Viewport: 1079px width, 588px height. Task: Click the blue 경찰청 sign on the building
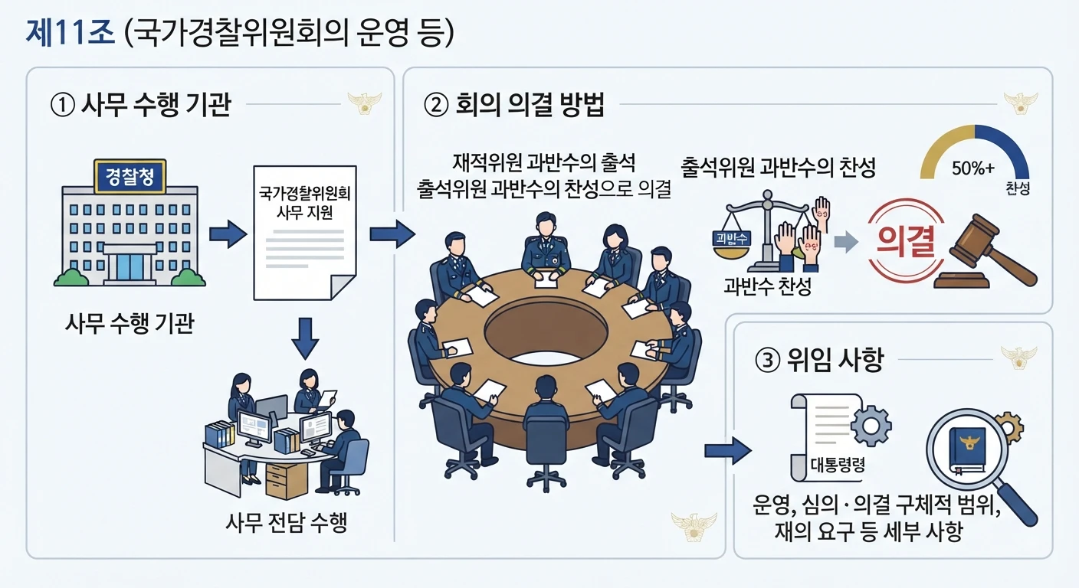pyautogui.click(x=130, y=177)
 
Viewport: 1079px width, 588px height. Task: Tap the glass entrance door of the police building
pyautogui.click(x=130, y=267)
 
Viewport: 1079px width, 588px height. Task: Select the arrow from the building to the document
pyautogui.click(x=228, y=234)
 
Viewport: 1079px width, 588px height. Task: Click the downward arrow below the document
pyautogui.click(x=305, y=338)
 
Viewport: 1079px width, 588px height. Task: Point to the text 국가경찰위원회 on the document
pyautogui.click(x=305, y=193)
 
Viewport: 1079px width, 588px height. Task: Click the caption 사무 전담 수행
pyautogui.click(x=286, y=522)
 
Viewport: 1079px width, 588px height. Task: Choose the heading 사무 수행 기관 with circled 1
pyautogui.click(x=141, y=105)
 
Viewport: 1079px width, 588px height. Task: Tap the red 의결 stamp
pyautogui.click(x=906, y=240)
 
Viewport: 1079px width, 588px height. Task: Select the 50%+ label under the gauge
pyautogui.click(x=973, y=168)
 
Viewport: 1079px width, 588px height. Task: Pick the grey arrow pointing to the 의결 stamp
pyautogui.click(x=846, y=241)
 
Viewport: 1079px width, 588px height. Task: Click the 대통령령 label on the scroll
pyautogui.click(x=838, y=465)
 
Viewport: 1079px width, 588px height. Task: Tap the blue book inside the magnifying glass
pyautogui.click(x=967, y=451)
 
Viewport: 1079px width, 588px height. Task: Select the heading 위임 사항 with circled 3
pyautogui.click(x=819, y=359)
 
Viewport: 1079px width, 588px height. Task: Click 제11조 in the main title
pyautogui.click(x=71, y=33)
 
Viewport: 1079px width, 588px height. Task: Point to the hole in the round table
pyautogui.click(x=546, y=333)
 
